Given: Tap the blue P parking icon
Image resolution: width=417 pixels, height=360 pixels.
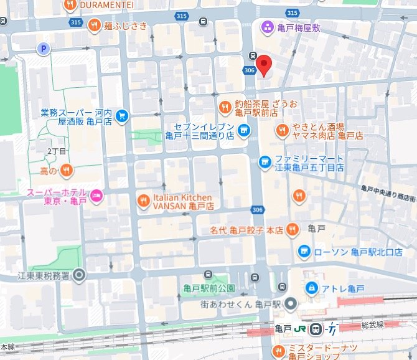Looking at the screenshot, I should (x=44, y=48).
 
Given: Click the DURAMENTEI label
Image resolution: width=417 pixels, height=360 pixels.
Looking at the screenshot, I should (x=105, y=4).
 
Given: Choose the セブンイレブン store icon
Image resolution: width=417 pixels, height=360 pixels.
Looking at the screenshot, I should (x=244, y=131).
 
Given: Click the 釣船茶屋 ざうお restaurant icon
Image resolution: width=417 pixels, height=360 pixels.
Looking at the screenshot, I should (x=225, y=105).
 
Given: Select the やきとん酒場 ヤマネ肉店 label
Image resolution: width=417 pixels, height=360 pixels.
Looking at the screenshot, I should (x=328, y=130).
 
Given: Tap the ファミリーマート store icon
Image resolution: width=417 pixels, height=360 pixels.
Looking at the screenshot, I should (x=265, y=162).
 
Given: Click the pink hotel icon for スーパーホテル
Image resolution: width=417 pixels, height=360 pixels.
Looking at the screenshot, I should (x=96, y=197).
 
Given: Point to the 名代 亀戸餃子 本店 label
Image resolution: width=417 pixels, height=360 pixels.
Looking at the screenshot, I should (x=246, y=230).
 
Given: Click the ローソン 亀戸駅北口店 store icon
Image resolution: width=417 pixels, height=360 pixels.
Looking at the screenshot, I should (x=304, y=252).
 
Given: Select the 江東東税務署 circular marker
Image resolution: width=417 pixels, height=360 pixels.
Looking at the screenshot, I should (x=79, y=275).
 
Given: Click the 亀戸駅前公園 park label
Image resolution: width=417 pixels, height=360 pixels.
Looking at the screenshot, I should (x=208, y=288).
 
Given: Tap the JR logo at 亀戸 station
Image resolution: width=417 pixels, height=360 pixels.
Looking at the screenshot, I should (x=301, y=329).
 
